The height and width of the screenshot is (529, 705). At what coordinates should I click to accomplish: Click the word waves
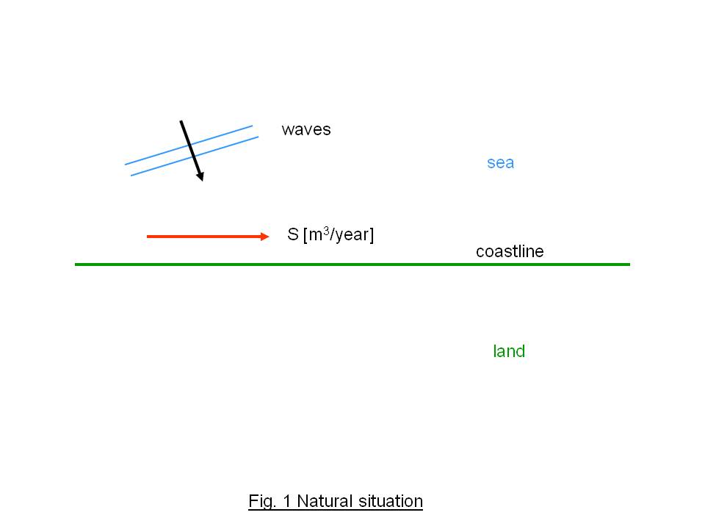(306, 130)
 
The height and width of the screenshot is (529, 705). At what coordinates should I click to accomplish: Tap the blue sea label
(500, 162)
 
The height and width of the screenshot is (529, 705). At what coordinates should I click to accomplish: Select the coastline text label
(510, 251)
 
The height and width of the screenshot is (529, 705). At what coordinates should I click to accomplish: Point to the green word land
(509, 351)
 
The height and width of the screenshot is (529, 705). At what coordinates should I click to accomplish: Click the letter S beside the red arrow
(292, 236)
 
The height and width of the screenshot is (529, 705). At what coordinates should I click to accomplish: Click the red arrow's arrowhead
(266, 236)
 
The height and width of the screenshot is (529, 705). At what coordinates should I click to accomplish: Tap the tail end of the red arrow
(148, 236)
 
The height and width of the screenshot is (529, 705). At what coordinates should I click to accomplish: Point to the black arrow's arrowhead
(200, 176)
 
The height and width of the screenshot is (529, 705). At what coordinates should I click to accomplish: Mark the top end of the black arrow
(181, 121)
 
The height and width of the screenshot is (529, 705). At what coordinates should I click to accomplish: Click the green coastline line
(352, 264)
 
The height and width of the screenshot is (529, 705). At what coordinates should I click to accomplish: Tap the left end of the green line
(76, 264)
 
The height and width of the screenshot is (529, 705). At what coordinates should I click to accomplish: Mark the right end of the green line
(629, 264)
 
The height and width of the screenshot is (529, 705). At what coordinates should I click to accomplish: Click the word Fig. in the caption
(261, 502)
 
